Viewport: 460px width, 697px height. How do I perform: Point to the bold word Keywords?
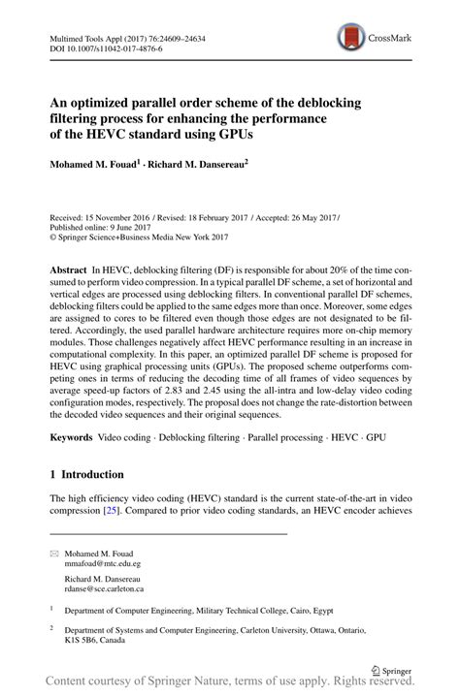click(75, 438)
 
